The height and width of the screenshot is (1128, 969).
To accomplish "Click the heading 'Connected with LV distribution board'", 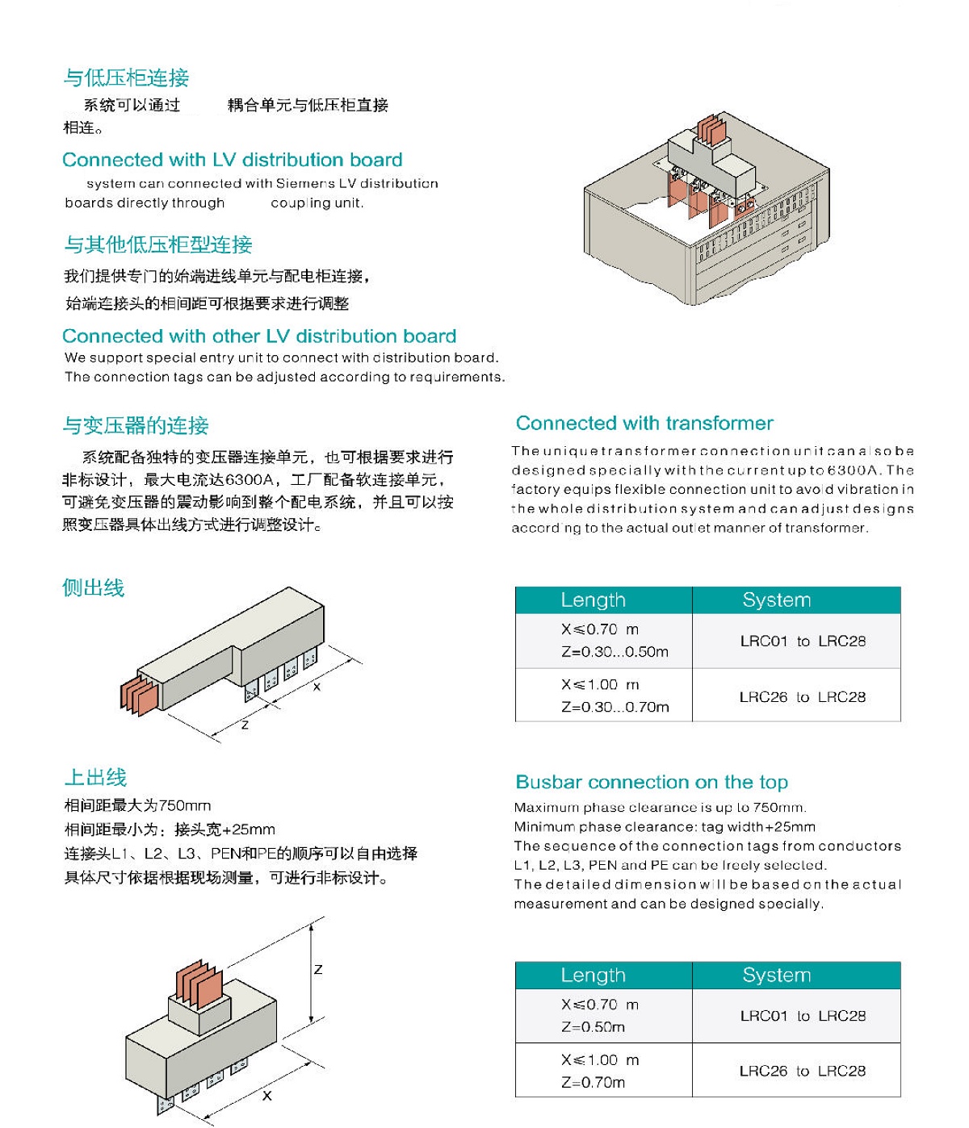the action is (x=232, y=159).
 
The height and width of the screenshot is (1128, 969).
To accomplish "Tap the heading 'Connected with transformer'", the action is (x=644, y=423).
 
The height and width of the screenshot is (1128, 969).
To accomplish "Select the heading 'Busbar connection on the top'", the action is (x=652, y=782).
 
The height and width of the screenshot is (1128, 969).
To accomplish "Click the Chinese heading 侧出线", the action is (x=94, y=587).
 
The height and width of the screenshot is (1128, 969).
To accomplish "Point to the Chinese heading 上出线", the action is (x=95, y=777).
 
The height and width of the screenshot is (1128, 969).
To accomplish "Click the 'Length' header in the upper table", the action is (x=594, y=600).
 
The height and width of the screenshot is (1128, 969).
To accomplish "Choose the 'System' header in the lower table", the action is (x=777, y=975).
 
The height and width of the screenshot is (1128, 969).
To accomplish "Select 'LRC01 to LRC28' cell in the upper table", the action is (x=803, y=641).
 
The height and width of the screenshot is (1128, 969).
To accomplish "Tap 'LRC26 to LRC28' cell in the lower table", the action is (x=803, y=1071).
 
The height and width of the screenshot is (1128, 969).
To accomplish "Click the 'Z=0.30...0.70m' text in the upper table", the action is (x=615, y=707).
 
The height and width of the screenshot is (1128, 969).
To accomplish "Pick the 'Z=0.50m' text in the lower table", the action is (x=594, y=1027).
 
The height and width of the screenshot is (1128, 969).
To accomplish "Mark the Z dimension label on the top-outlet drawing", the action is (x=318, y=969).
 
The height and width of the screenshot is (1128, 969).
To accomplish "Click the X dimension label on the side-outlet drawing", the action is (x=317, y=687).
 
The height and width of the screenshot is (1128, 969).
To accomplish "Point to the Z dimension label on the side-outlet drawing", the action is (x=245, y=725).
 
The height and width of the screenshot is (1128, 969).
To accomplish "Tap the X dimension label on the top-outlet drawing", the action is (x=267, y=1095).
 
